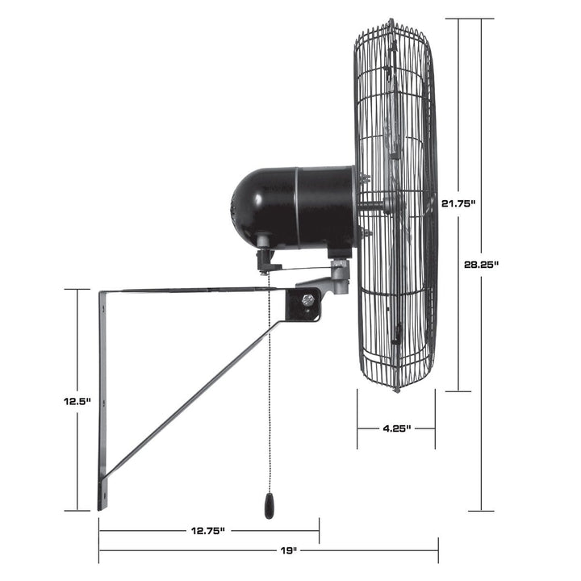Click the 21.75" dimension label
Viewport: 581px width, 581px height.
coord(458,204)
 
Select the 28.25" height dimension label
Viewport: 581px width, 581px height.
coord(483,264)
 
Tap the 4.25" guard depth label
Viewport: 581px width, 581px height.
coord(396,428)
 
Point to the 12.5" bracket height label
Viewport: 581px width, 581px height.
coord(78,400)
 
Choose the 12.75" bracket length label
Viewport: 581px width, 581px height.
coord(208,530)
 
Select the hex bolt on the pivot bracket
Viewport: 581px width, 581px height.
coord(308,300)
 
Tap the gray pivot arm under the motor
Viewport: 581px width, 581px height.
coord(331,282)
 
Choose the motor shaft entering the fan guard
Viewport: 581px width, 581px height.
coord(371,205)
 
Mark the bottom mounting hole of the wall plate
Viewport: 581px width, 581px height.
coord(102,487)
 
